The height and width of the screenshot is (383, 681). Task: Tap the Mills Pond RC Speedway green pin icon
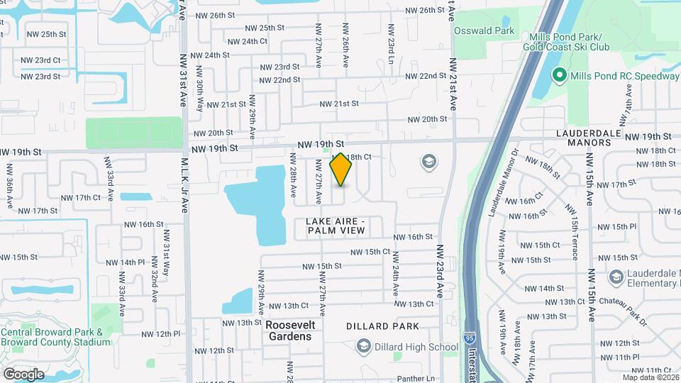point(558,75)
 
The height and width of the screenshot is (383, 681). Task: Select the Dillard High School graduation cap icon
point(364,346)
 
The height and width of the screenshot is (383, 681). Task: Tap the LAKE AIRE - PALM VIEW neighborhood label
point(335,226)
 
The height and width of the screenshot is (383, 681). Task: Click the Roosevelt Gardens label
point(289,330)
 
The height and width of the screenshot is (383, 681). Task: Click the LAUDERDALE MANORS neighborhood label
point(583,138)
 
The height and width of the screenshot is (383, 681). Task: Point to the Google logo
point(23,374)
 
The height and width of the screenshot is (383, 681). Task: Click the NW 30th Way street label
point(200,95)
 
